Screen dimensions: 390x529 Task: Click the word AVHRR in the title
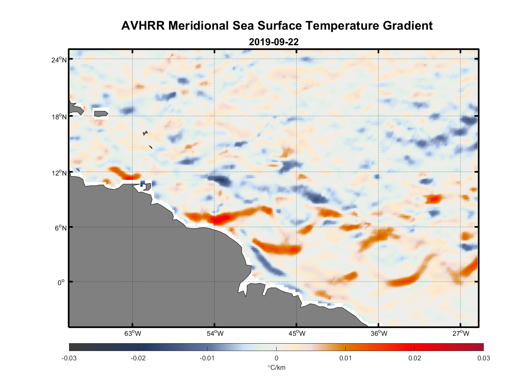tap(143, 26)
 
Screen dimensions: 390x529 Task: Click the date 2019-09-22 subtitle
tap(273, 42)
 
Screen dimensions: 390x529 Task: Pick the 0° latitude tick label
tap(61, 282)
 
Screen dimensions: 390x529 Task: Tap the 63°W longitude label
tap(133, 333)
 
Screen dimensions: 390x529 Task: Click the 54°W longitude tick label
tap(215, 333)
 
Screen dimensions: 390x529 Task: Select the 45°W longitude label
tap(297, 333)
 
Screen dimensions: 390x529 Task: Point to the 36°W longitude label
tap(379, 333)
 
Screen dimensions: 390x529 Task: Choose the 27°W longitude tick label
tap(461, 333)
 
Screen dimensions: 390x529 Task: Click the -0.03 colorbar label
tap(69, 358)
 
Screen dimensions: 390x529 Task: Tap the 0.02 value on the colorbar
tap(415, 358)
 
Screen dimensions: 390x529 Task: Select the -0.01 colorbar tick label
tap(207, 358)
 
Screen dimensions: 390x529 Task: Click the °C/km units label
tap(276, 367)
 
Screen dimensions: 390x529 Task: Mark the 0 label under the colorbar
tap(276, 358)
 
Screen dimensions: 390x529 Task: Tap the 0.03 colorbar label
tap(484, 358)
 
